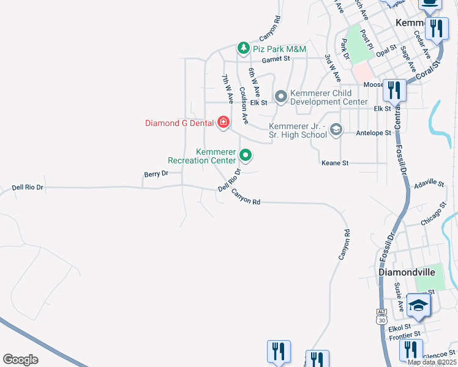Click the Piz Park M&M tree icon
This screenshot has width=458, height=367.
tap(243, 48)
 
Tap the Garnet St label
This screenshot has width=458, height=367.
tap(276, 59)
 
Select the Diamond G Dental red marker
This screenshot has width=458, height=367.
tap(223, 122)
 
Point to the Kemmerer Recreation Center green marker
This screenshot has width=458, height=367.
tap(246, 155)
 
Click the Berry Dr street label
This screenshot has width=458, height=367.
tap(156, 174)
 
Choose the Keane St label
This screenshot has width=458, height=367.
tap(335, 163)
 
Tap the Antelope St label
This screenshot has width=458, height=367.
tap(370, 132)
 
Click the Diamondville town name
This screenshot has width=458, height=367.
tap(407, 271)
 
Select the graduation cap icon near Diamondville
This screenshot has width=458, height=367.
tap(418, 306)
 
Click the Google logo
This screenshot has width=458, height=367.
tap(21, 360)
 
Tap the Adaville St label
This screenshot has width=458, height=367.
tap(429, 183)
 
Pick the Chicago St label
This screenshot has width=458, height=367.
tap(435, 218)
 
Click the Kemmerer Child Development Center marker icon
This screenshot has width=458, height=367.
tap(281, 97)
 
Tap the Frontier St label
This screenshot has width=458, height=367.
tap(405, 335)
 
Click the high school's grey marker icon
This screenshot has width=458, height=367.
tap(336, 130)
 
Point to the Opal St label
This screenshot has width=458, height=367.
tap(386, 51)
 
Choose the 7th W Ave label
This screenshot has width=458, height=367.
tap(227, 88)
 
